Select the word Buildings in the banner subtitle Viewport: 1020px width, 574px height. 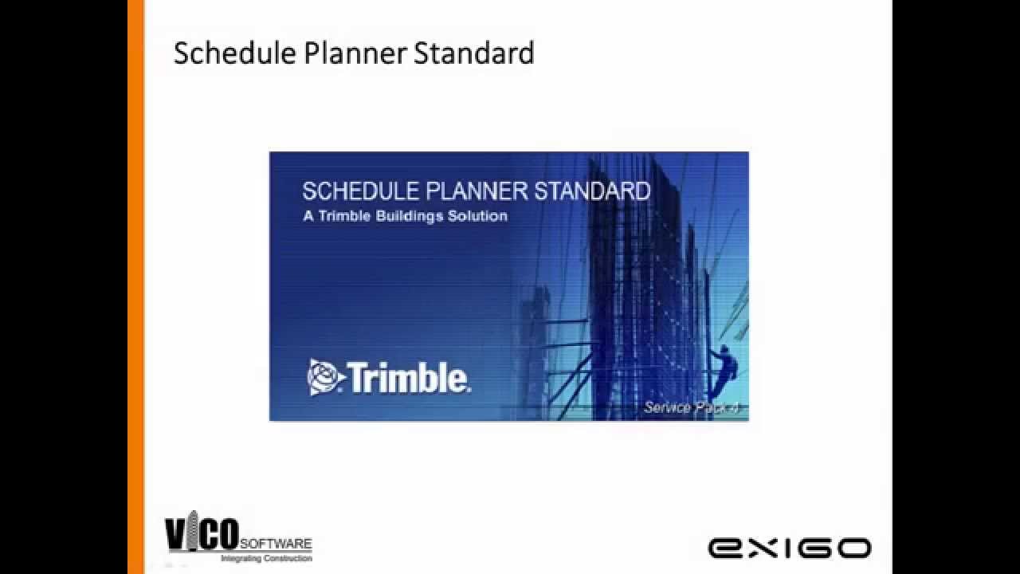point(414,216)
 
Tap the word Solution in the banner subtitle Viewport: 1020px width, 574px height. point(477,216)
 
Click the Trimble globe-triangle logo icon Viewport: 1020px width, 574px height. point(326,377)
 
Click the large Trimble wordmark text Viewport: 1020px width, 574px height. point(410,379)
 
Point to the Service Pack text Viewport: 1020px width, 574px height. point(691,407)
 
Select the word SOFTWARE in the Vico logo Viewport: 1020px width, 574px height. point(276,543)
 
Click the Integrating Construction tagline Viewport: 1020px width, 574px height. point(266,559)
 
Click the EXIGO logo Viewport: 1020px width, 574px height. point(789,548)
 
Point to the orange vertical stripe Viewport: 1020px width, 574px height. point(135,287)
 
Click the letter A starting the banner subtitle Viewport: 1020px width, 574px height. point(308,216)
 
